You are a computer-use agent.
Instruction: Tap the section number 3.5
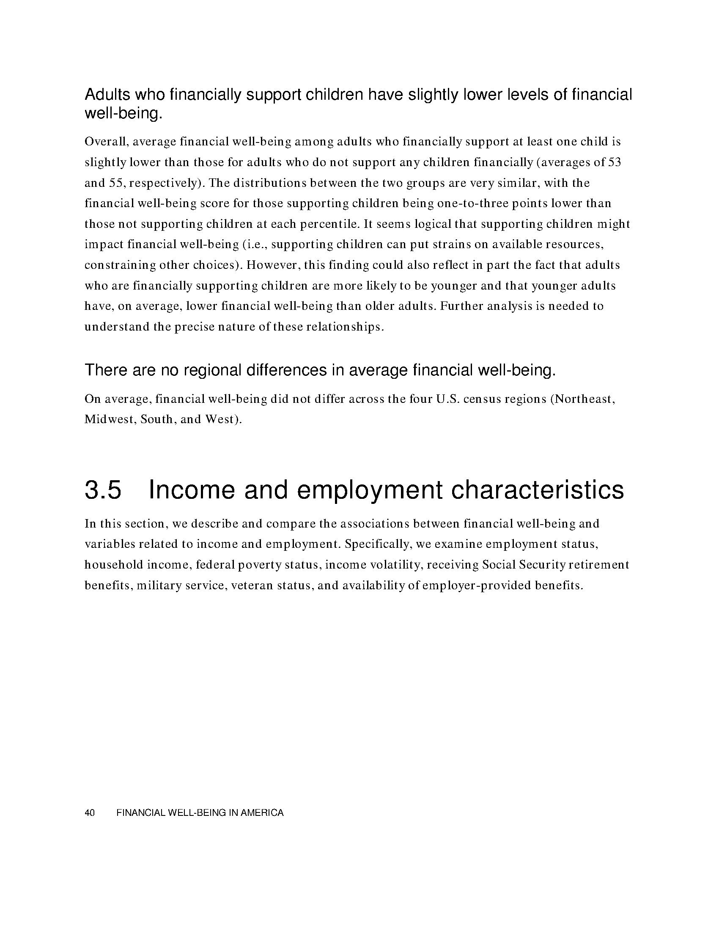coord(103,490)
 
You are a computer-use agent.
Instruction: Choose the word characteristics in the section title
coord(537,490)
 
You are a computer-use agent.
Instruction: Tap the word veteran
coord(252,585)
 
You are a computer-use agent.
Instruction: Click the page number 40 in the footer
coord(89,813)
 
